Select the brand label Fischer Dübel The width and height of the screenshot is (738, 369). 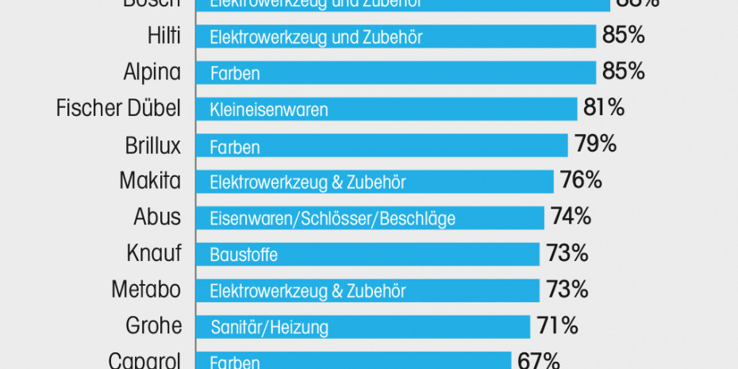click(118, 109)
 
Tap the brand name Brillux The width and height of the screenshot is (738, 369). click(153, 145)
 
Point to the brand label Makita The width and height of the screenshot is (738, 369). click(150, 181)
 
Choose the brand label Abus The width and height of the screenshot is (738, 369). click(157, 217)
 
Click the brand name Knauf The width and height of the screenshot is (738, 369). click(154, 254)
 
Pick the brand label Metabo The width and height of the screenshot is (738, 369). click(146, 290)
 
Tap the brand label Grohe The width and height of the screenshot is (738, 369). click(154, 326)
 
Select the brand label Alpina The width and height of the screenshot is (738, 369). click(152, 72)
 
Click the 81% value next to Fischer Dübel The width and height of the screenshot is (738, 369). click(604, 109)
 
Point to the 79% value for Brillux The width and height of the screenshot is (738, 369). click(595, 145)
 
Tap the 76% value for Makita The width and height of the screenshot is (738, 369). click(581, 181)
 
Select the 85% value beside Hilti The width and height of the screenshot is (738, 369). click(623, 37)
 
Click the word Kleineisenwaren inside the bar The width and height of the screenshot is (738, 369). click(269, 110)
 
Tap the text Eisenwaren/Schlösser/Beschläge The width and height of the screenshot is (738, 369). click(332, 218)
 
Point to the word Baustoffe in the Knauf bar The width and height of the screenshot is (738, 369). click(244, 255)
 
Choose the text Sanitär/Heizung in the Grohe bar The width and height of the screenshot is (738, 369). click(269, 327)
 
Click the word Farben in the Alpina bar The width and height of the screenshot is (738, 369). click(235, 74)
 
